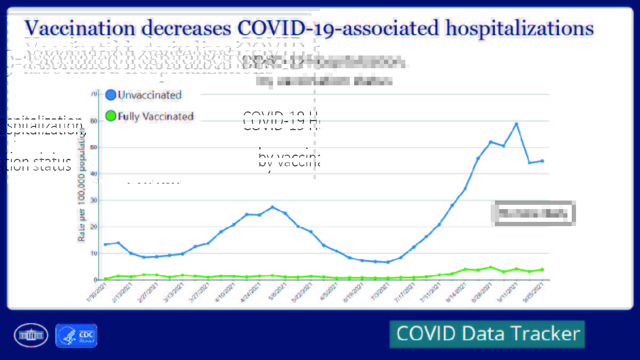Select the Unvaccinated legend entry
[x=149, y=95]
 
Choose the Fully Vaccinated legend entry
[x=155, y=116]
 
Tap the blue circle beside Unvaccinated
[x=111, y=95]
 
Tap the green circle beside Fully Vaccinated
[x=111, y=116]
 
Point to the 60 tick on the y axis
[x=93, y=121]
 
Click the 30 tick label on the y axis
[x=93, y=200]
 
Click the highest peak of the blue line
[x=516, y=124]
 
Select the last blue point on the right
[x=542, y=161]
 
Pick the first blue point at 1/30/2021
[x=106, y=244]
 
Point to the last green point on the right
[x=542, y=269]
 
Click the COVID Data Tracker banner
[x=487, y=334]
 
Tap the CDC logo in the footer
[x=76, y=335]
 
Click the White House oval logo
[x=31, y=335]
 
